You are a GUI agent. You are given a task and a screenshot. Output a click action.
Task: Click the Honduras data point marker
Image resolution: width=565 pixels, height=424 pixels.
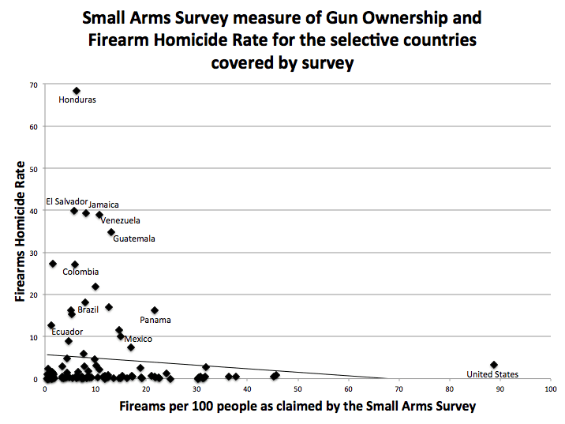point(77,91)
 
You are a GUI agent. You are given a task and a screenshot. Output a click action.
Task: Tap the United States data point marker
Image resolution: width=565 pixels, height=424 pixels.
point(494,365)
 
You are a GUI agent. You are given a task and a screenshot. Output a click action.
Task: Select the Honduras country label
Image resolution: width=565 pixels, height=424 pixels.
point(77,100)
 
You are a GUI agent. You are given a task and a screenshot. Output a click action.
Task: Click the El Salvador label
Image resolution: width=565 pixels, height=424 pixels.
point(66,201)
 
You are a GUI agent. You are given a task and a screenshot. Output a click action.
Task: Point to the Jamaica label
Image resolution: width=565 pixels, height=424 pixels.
point(103,204)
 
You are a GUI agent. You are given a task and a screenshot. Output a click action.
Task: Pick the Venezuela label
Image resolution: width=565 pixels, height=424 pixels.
point(120,220)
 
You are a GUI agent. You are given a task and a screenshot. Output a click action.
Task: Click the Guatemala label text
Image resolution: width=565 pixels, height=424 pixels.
point(134,238)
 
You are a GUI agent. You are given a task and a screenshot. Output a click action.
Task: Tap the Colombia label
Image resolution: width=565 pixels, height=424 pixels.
point(80,272)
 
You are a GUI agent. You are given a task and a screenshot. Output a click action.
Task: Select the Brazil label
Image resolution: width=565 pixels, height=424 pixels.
point(88,310)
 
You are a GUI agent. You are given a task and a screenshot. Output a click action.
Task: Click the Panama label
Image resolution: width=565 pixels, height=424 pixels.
point(155,320)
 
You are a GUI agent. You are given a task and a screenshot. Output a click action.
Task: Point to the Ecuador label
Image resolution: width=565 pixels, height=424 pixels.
point(67,332)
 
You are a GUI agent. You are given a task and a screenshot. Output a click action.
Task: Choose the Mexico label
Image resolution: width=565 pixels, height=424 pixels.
point(138,339)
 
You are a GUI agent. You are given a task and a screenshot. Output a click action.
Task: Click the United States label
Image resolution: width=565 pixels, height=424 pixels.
point(492,374)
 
